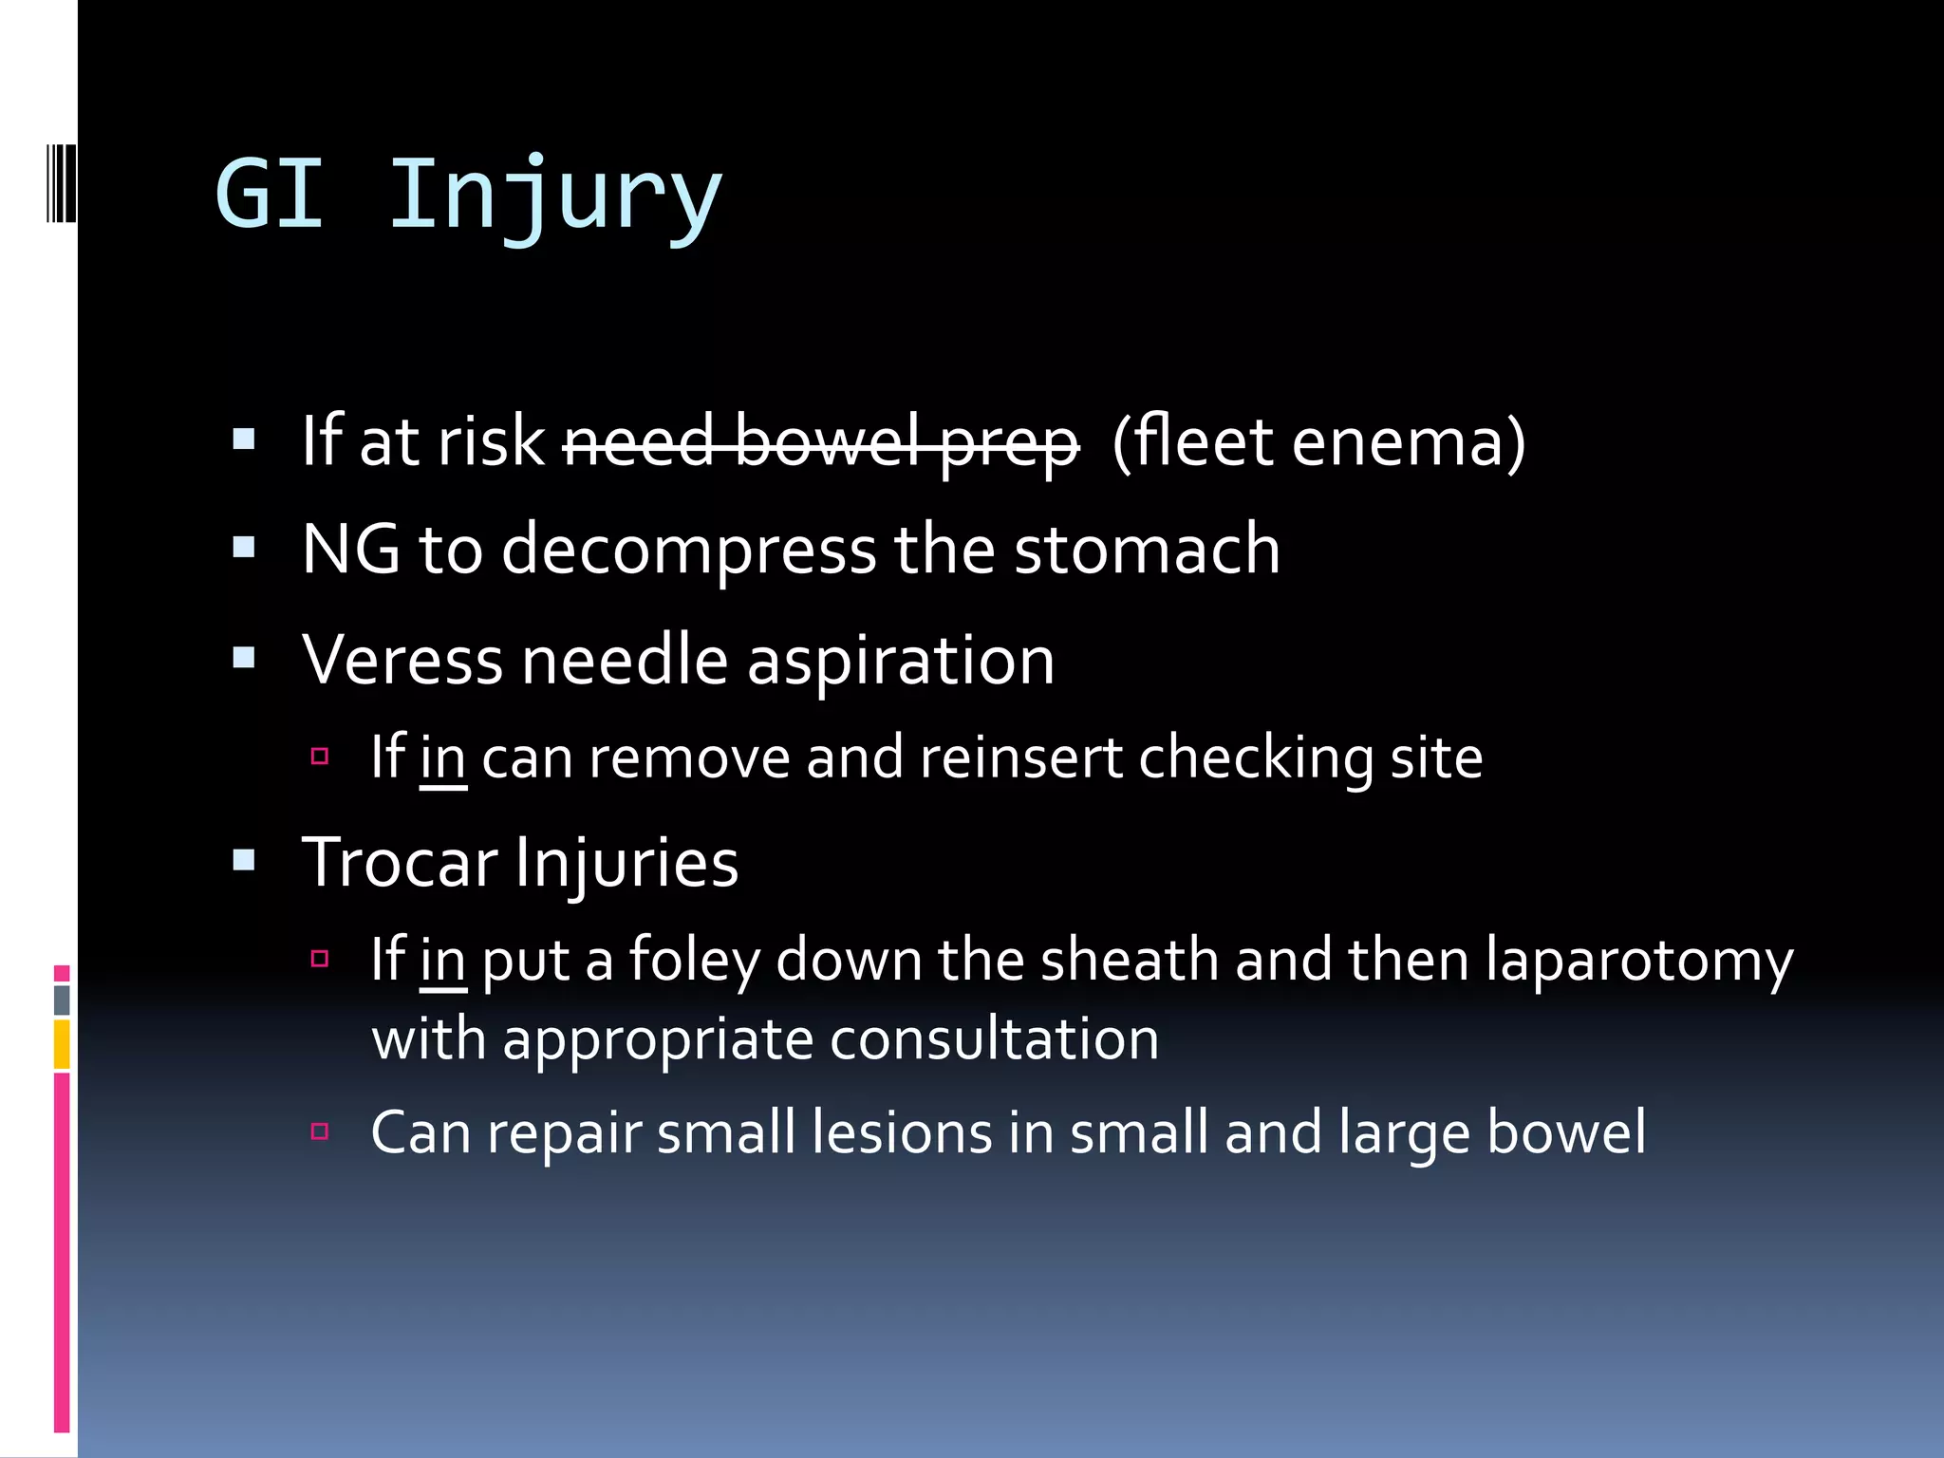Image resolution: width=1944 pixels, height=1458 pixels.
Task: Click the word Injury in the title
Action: coord(555,195)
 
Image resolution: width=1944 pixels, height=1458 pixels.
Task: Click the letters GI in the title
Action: coord(270,195)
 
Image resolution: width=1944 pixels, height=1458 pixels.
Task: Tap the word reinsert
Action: coord(1020,758)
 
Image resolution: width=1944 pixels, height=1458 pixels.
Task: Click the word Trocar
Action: coord(400,863)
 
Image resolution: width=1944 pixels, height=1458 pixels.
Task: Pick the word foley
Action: coord(694,961)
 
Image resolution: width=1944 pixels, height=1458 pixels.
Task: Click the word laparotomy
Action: coord(1639,961)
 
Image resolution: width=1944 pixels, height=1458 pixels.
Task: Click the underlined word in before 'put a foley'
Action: coord(442,961)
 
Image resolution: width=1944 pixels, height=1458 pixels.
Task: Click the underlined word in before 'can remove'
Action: coord(442,758)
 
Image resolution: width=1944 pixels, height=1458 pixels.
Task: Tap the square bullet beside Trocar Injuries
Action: coord(244,861)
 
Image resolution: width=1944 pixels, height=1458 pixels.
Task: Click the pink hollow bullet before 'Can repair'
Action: coord(320,1131)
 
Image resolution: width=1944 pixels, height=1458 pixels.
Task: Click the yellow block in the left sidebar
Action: coord(62,1044)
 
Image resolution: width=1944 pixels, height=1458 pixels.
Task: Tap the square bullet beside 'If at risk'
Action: coord(244,439)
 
